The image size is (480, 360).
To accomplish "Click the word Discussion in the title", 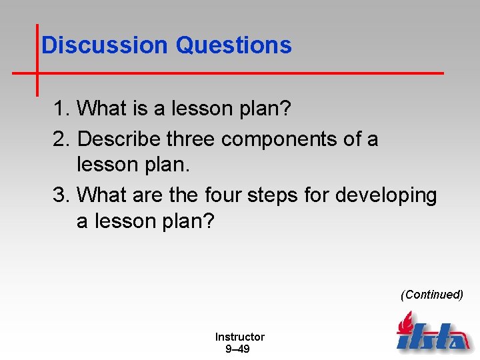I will tap(105, 45).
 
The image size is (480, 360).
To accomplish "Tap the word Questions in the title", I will tap(233, 45).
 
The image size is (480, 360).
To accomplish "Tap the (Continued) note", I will tap(431, 295).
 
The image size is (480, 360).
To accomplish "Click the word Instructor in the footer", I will tap(239, 337).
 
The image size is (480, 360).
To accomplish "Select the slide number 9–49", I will tap(237, 349).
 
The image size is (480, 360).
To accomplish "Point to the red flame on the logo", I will tap(404, 325).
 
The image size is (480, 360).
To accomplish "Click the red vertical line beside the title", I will tap(37, 60).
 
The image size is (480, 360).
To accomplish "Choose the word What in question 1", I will tap(101, 109).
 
